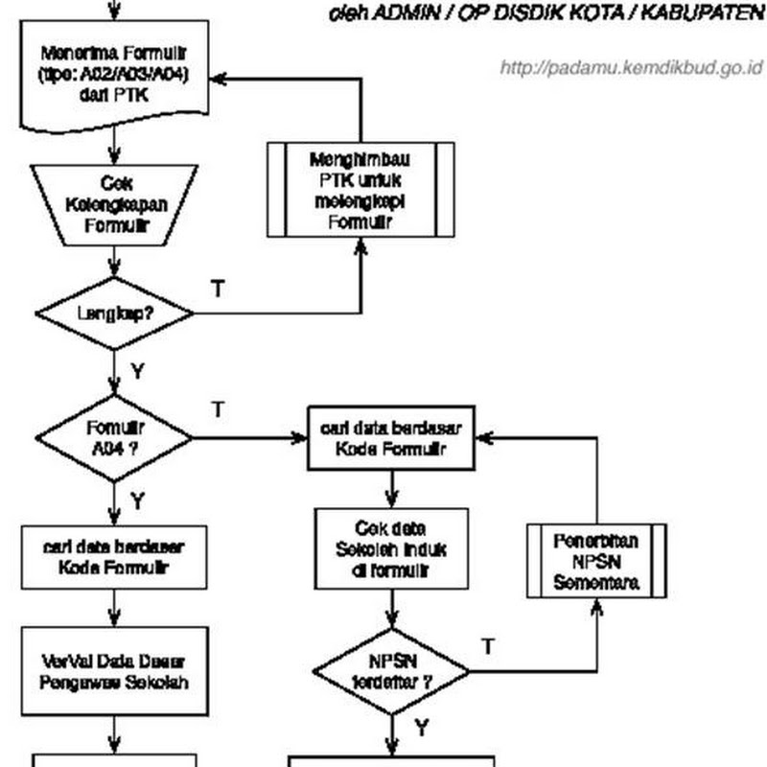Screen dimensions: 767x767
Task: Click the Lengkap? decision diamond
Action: (x=114, y=313)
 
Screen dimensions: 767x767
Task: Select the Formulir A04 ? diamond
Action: (x=114, y=438)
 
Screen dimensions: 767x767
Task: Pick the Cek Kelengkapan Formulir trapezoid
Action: (x=114, y=204)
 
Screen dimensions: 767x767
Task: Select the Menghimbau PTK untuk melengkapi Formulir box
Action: (x=360, y=189)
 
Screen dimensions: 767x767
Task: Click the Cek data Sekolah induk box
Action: (x=391, y=548)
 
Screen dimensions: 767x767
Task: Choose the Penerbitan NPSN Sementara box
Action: (x=595, y=561)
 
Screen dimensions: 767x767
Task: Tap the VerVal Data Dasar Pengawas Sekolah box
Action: (x=114, y=671)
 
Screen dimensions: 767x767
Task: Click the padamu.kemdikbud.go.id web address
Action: (x=631, y=68)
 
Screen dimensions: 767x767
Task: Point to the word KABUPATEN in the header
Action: (x=710, y=14)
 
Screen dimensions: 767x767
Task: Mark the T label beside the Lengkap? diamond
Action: (x=218, y=288)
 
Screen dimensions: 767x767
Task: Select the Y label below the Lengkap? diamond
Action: (x=136, y=371)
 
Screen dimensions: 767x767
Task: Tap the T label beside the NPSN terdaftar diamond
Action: (x=488, y=646)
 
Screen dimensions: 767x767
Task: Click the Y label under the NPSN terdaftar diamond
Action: (x=420, y=729)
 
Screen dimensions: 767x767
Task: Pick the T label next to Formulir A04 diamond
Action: (x=218, y=409)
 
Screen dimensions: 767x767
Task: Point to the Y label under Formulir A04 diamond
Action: (x=137, y=500)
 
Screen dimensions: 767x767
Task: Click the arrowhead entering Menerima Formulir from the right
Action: (x=218, y=79)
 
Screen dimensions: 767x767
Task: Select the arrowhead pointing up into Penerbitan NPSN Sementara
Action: (x=595, y=607)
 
